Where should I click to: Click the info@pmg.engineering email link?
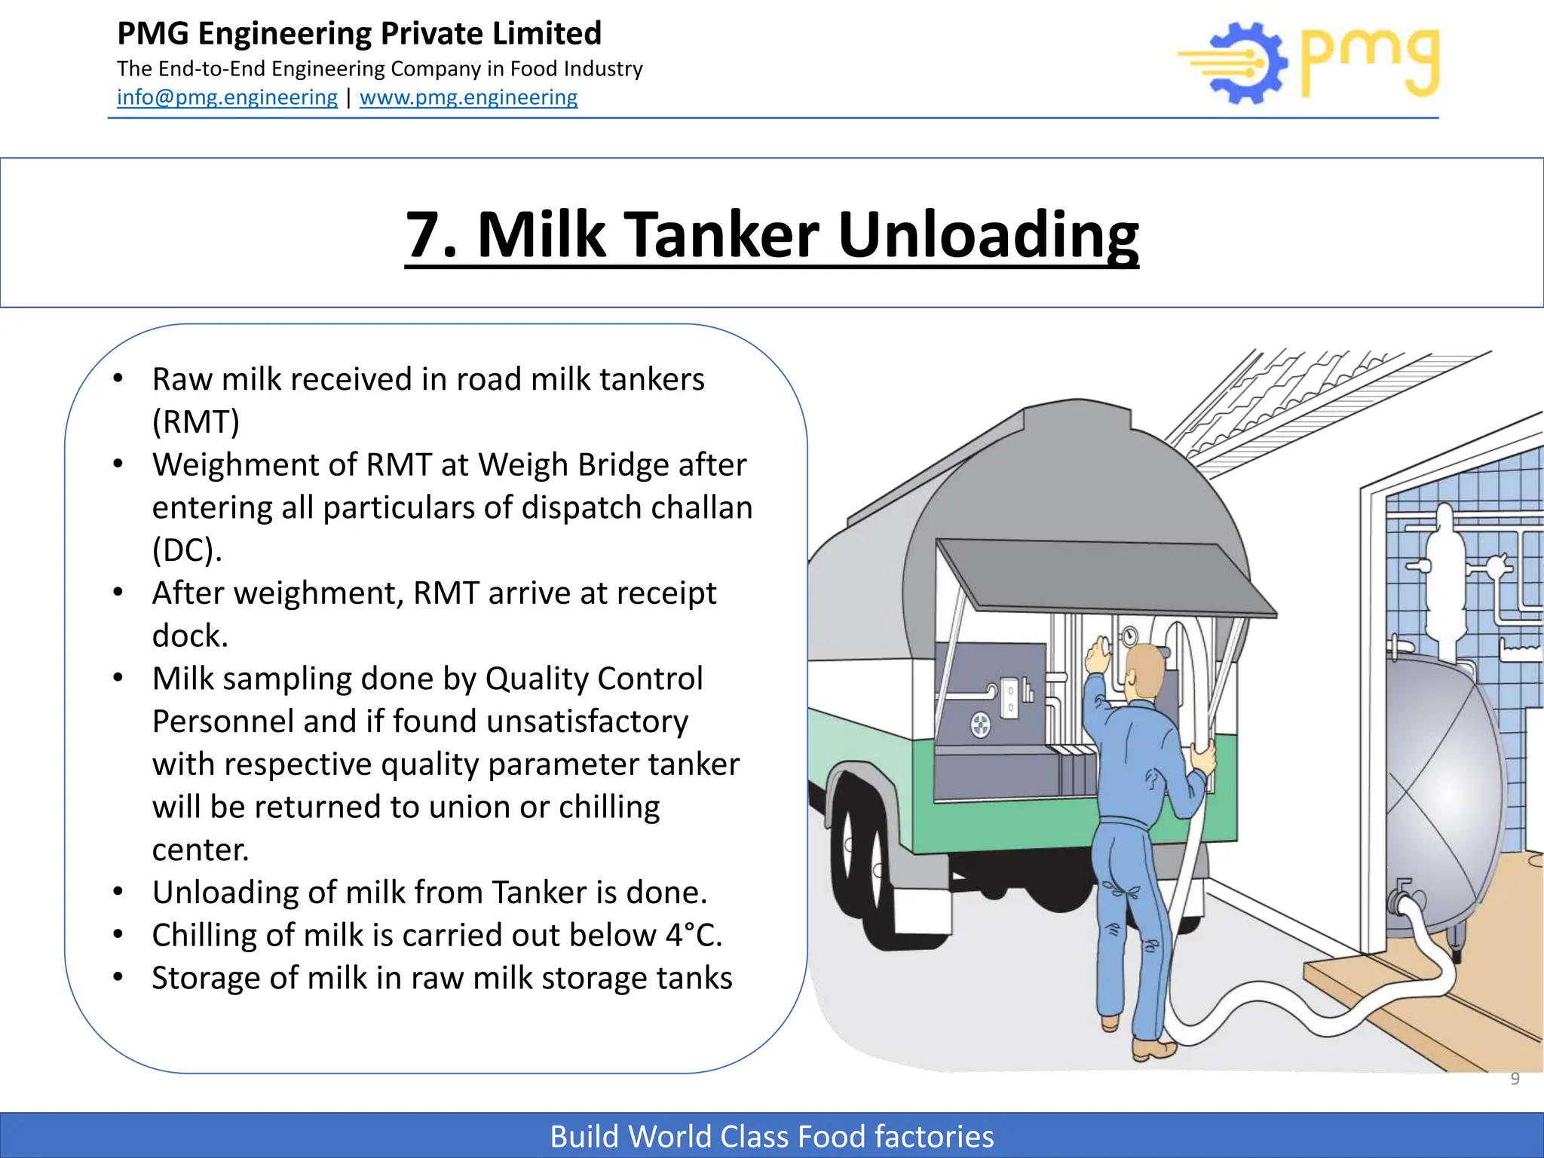tap(227, 97)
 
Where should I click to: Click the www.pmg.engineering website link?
tap(468, 97)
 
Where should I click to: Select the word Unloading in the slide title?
tap(988, 234)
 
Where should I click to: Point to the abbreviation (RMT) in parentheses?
tap(195, 421)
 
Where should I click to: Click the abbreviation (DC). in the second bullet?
tap(187, 550)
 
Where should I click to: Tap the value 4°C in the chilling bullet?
tap(693, 935)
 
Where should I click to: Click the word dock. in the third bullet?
tap(190, 636)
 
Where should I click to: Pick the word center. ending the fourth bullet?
tap(200, 850)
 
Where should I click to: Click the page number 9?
tap(1515, 1079)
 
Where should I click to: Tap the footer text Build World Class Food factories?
tap(771, 1136)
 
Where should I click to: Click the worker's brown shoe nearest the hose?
tap(1152, 1049)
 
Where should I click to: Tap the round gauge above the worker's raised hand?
tap(1129, 636)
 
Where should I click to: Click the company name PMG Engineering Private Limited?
tap(360, 33)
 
